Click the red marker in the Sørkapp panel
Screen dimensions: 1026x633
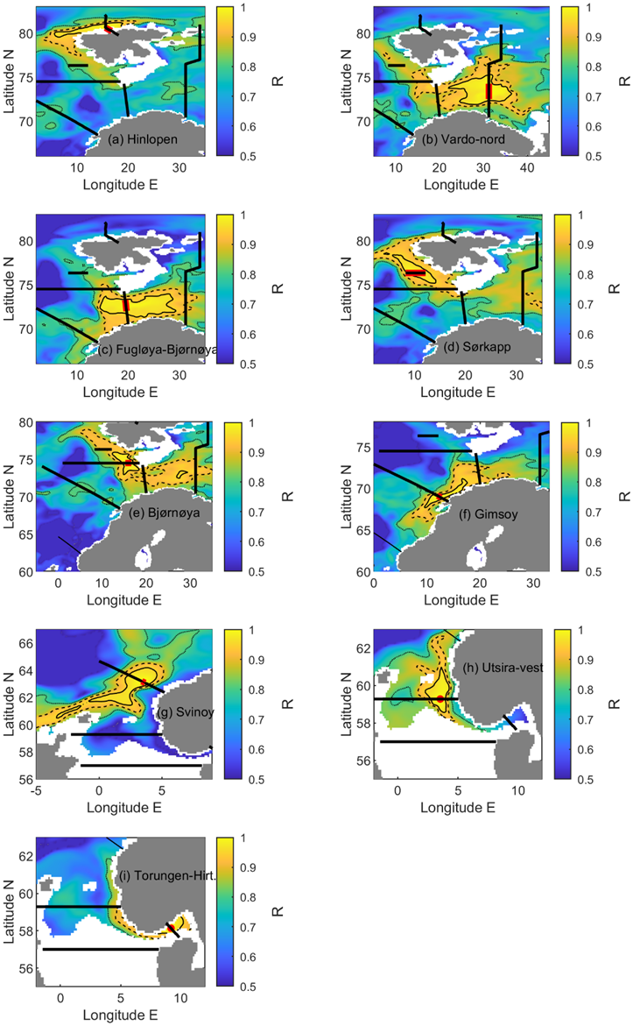[416, 273]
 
